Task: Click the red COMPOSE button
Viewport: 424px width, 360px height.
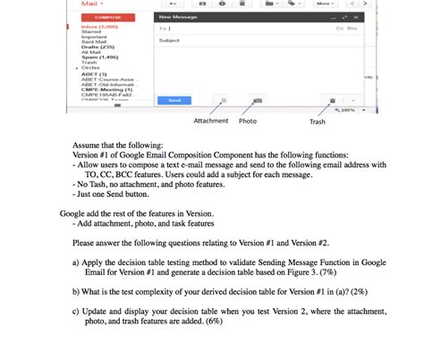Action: [x=108, y=17]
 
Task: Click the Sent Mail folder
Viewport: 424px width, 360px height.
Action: [x=94, y=41]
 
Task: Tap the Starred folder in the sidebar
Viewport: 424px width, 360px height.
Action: [x=92, y=31]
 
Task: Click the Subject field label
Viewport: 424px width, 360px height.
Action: [x=168, y=40]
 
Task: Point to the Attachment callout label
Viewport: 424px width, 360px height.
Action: [x=211, y=120]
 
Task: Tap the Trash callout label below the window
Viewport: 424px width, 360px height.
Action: [x=318, y=121]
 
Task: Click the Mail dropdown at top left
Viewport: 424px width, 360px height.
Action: [x=92, y=4]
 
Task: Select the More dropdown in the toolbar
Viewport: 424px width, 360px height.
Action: [x=326, y=4]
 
